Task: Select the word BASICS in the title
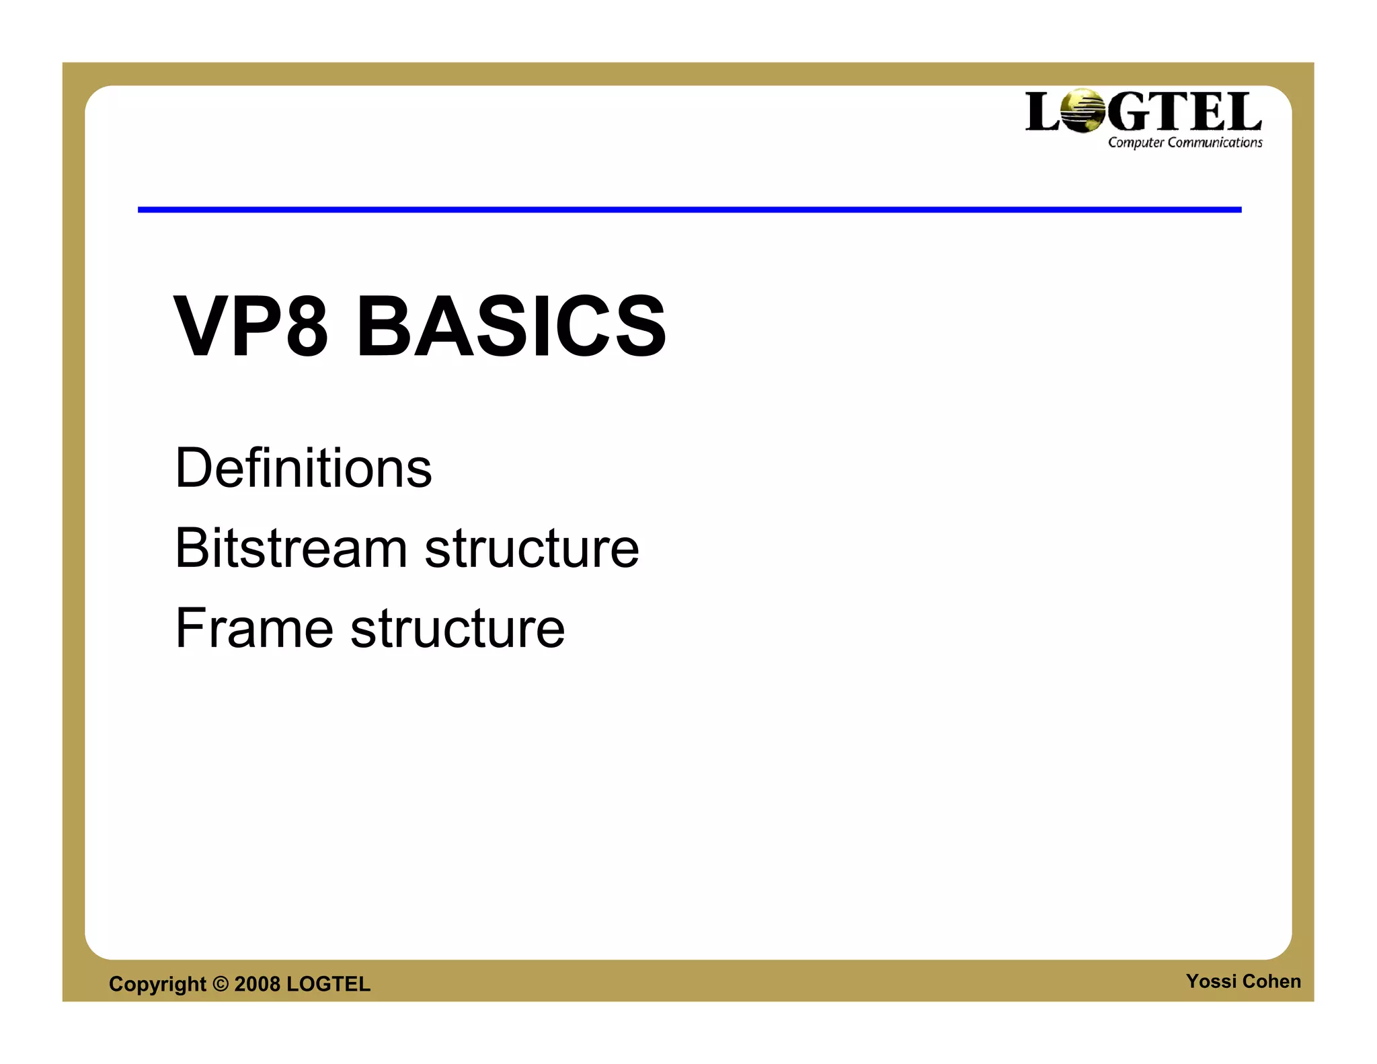[x=511, y=327]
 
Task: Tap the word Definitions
[x=303, y=468]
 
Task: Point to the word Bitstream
[x=291, y=548]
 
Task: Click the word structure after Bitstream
[x=532, y=549]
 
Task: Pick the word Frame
[x=254, y=628]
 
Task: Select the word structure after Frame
[x=458, y=630]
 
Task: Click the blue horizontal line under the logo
[x=689, y=210]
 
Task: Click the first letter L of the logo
[x=1042, y=112]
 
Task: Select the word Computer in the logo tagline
[x=1136, y=143]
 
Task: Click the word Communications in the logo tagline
[x=1215, y=143]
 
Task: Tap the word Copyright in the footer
[x=157, y=985]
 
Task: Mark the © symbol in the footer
[x=221, y=984]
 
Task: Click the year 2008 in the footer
[x=257, y=984]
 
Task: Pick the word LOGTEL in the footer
[x=328, y=984]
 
